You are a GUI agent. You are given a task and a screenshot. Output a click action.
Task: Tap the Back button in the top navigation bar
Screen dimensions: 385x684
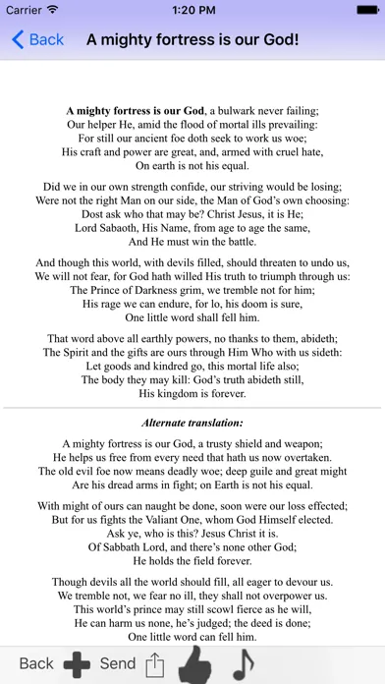point(37,39)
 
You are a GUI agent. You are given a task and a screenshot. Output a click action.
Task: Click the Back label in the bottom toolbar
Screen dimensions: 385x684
point(36,663)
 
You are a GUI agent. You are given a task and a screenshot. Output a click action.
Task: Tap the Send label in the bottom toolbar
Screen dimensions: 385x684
point(118,663)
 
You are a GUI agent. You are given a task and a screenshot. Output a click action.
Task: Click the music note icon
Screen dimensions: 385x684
point(242,662)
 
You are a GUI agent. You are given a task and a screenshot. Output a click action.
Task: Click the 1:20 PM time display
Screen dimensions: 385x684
point(192,10)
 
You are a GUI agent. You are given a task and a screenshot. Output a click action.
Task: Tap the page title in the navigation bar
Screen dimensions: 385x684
point(192,39)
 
